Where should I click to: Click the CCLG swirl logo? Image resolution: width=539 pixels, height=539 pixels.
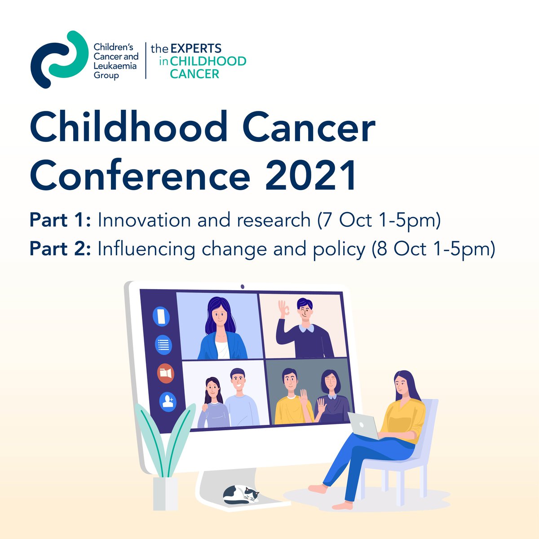(x=58, y=59)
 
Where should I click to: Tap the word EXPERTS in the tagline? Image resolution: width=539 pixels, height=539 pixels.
(x=196, y=49)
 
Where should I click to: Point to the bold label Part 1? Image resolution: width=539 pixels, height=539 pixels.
(x=60, y=221)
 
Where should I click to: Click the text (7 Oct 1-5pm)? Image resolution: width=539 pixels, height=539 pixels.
(x=379, y=221)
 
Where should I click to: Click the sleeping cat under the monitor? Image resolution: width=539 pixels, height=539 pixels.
(x=242, y=494)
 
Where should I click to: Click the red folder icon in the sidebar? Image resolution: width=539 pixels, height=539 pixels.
(x=165, y=373)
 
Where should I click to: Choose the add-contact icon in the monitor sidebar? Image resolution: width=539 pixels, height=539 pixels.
(x=168, y=401)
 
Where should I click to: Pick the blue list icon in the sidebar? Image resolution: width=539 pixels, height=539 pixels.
(x=163, y=345)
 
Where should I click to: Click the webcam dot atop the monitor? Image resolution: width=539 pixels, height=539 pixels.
(x=242, y=286)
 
